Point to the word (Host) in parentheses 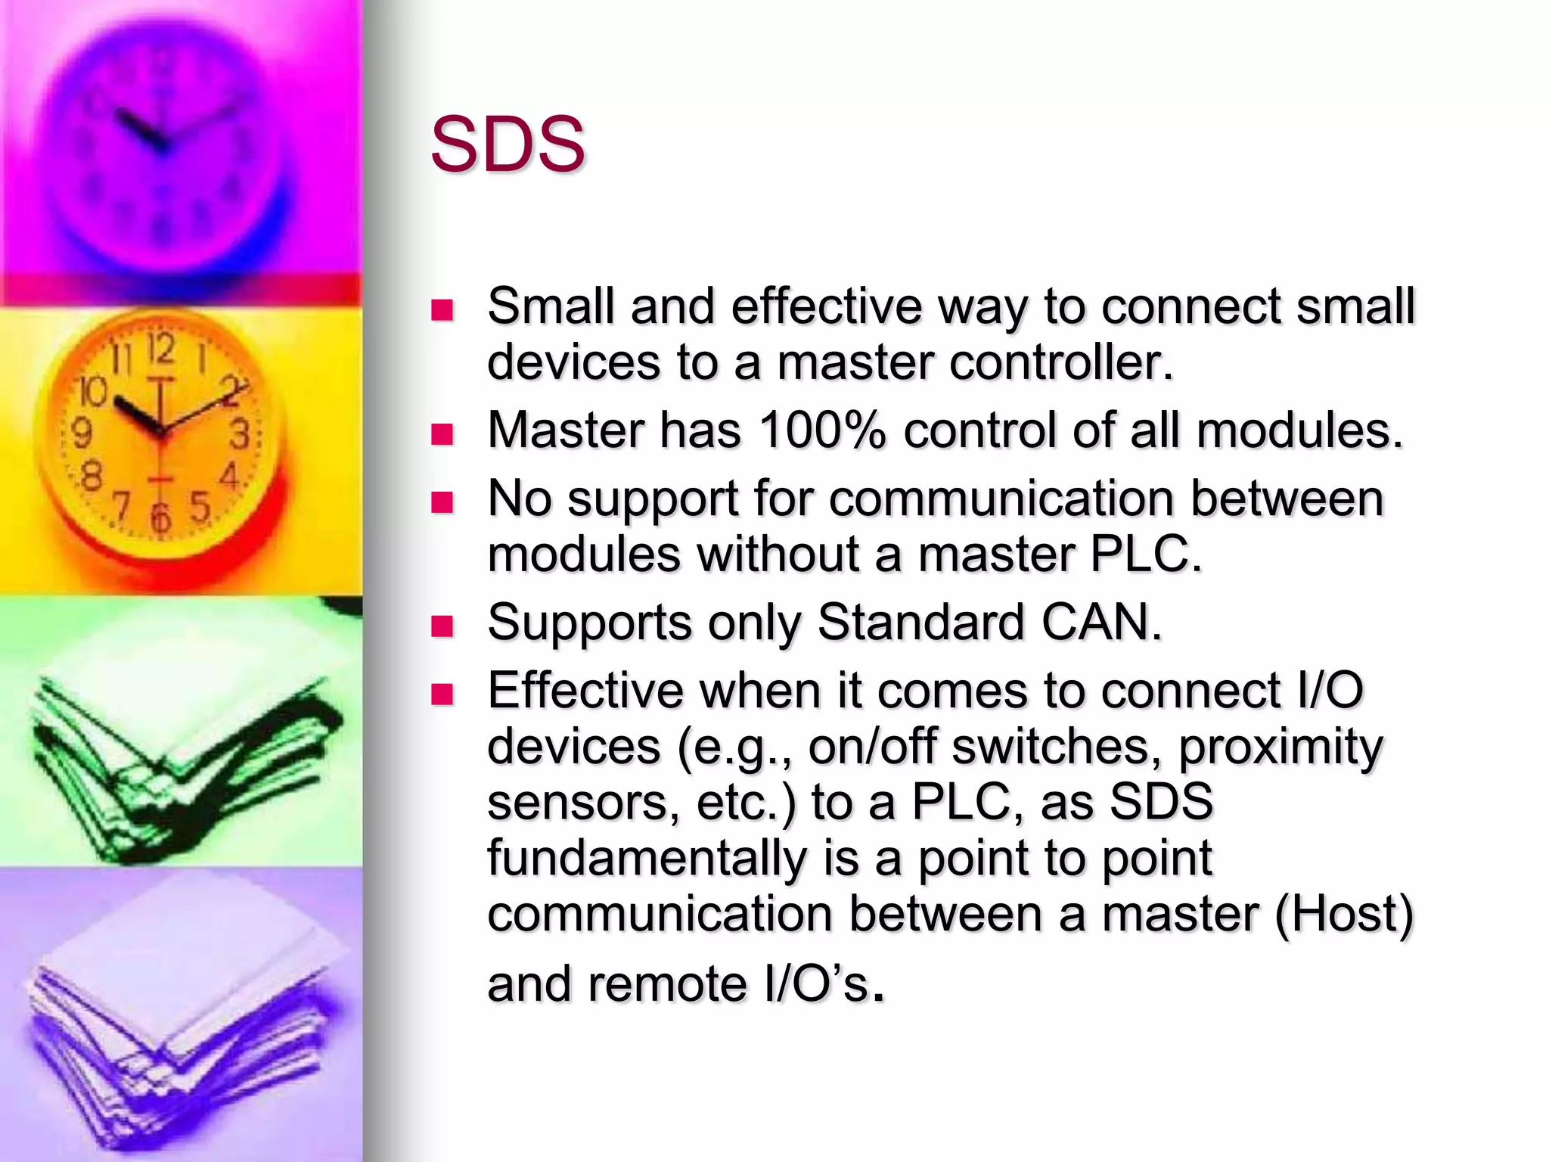click(x=1343, y=914)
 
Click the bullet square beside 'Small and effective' click(x=442, y=310)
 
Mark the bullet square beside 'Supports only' click(x=442, y=626)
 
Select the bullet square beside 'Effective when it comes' click(x=442, y=694)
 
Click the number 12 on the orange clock click(x=160, y=350)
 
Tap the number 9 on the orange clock click(x=81, y=433)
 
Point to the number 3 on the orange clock click(x=240, y=435)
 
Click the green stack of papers click(x=182, y=757)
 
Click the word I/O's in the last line click(x=816, y=983)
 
